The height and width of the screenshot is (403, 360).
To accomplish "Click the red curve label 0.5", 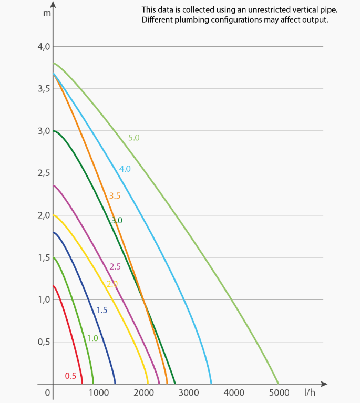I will (x=70, y=376).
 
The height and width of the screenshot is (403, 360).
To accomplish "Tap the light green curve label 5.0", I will (x=134, y=138).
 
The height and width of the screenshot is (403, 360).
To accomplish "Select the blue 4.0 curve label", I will (x=125, y=169).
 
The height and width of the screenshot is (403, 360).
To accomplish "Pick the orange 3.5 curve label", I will (x=115, y=195).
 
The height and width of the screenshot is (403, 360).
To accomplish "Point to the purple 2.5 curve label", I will (x=115, y=266).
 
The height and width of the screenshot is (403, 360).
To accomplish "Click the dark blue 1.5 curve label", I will (x=102, y=310).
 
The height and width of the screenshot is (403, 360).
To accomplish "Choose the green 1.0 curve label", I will (x=92, y=338).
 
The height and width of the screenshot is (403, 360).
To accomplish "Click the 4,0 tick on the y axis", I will (x=44, y=47).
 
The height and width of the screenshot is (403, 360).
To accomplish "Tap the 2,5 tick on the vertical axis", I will (x=44, y=173).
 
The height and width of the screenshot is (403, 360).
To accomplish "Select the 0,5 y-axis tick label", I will (x=44, y=342).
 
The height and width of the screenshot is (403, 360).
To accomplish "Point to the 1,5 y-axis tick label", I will (x=44, y=257).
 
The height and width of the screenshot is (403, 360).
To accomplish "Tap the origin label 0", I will (x=47, y=392).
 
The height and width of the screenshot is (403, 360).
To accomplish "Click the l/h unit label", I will (x=310, y=392).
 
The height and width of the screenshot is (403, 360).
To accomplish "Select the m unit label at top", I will (x=47, y=12).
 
